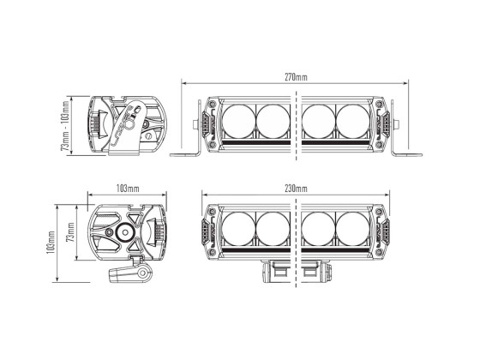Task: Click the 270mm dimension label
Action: (296, 77)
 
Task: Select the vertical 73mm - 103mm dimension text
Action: (65, 125)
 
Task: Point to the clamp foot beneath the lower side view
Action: (133, 274)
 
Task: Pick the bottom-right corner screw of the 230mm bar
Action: (378, 252)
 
